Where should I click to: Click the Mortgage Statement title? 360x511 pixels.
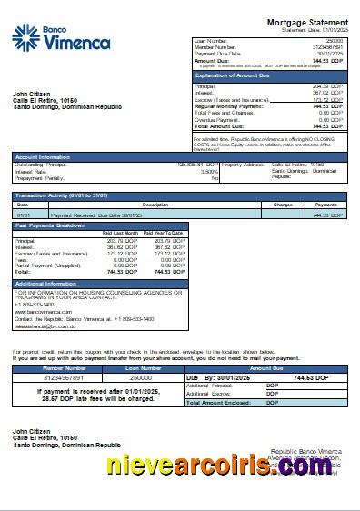coord(306,21)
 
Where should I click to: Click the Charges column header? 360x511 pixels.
coord(282,205)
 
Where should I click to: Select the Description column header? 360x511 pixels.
coord(155,205)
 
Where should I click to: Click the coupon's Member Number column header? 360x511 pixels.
coord(64,368)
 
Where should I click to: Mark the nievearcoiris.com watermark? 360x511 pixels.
coord(227,466)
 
